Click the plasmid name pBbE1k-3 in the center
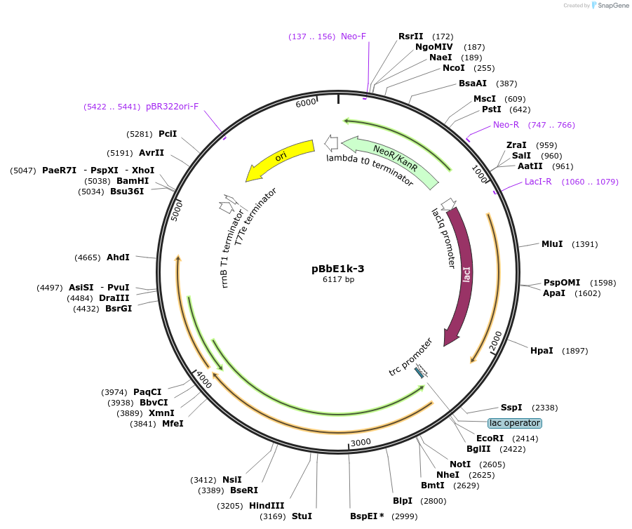pyautogui.click(x=337, y=268)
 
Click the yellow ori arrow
pyautogui.click(x=280, y=159)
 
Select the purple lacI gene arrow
pyautogui.click(x=464, y=274)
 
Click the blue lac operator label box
pyautogui.click(x=515, y=423)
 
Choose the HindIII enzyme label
pyautogui.click(x=267, y=505)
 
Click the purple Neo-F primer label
pyautogui.click(x=354, y=36)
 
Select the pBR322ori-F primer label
pyautogui.click(x=173, y=107)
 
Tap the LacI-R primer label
pyautogui.click(x=539, y=182)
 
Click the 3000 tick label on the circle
pyautogui.click(x=361, y=442)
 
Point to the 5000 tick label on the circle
pyautogui.click(x=177, y=210)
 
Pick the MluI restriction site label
pyautogui.click(x=552, y=244)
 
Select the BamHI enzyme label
pyautogui.click(x=133, y=180)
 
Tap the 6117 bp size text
pyautogui.click(x=338, y=279)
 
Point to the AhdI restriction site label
pyautogui.click(x=118, y=257)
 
